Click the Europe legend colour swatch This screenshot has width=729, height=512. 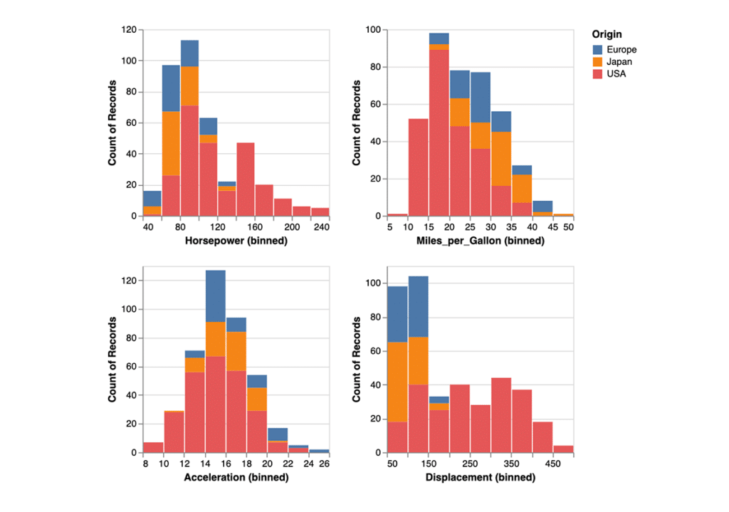(x=597, y=50)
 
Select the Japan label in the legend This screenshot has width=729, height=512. (x=618, y=62)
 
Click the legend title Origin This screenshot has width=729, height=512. (x=607, y=34)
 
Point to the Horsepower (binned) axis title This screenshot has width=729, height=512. (x=236, y=241)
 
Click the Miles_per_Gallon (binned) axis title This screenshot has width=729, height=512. (x=479, y=241)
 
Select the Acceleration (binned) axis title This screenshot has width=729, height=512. (x=236, y=477)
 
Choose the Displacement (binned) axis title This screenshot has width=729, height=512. (x=479, y=477)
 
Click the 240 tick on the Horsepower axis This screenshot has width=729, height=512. (x=320, y=226)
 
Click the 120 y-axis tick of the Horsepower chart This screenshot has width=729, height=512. (x=129, y=30)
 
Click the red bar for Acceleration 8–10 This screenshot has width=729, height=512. (x=153, y=447)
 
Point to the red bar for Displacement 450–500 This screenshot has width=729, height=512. (x=562, y=449)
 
